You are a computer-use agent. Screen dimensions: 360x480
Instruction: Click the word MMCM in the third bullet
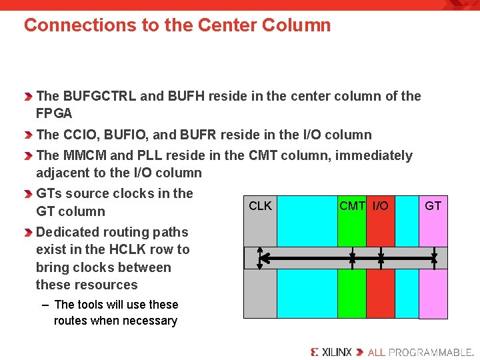[85, 155]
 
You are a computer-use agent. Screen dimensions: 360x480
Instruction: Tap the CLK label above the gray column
[260, 206]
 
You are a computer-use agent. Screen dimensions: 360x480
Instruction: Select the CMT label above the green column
[352, 206]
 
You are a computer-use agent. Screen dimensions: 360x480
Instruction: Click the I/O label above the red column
[380, 206]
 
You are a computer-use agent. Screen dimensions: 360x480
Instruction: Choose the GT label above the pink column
[433, 206]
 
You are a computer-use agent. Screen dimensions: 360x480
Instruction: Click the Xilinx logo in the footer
[331, 352]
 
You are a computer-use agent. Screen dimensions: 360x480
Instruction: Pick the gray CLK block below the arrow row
[260, 293]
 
